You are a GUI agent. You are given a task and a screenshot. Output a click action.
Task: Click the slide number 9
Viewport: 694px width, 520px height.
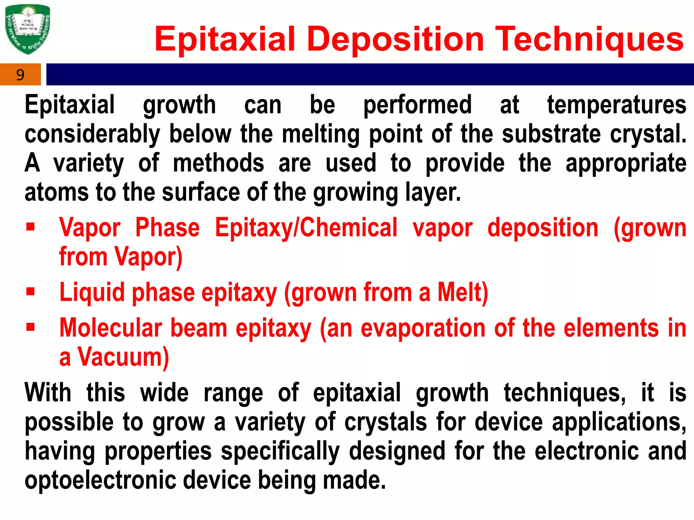pyautogui.click(x=20, y=75)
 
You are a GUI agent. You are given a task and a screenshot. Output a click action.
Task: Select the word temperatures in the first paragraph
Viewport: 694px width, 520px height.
pyautogui.click(x=617, y=105)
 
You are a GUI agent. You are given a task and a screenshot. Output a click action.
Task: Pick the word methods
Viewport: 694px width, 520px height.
pyautogui.click(x=218, y=163)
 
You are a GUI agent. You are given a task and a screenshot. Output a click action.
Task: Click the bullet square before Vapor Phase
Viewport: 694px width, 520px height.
pyautogui.click(x=30, y=226)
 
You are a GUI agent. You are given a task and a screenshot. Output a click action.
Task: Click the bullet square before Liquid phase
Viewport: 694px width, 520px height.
pyautogui.click(x=30, y=291)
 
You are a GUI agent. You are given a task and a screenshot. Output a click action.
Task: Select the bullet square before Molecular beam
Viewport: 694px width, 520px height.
pyautogui.click(x=30, y=327)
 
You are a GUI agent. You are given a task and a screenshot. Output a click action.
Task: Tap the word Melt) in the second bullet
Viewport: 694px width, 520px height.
pyautogui.click(x=463, y=292)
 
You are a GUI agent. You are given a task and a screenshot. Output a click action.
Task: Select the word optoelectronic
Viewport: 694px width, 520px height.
pyautogui.click(x=100, y=480)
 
